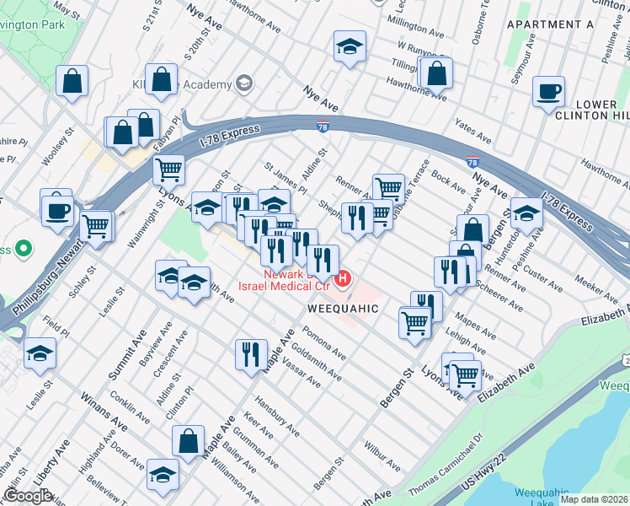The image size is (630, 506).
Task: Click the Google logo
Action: click(x=28, y=496)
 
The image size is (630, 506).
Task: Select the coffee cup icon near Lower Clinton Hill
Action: click(x=548, y=92)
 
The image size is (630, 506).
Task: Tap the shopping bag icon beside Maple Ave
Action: click(x=189, y=440)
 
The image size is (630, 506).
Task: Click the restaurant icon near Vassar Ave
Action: click(x=251, y=354)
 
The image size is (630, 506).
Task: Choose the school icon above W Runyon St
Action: click(x=349, y=47)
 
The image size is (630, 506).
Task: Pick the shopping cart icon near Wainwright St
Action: click(x=168, y=170)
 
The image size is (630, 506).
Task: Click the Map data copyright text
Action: click(x=595, y=499)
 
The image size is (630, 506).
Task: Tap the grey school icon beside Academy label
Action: click(x=244, y=83)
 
